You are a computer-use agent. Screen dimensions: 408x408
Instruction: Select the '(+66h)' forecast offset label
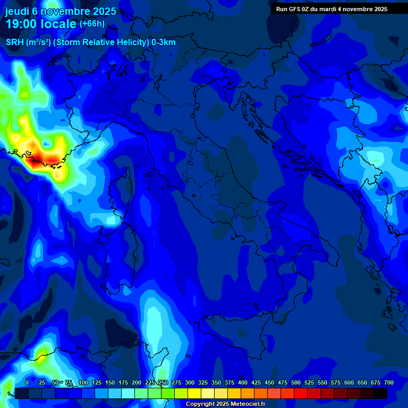tap(92, 24)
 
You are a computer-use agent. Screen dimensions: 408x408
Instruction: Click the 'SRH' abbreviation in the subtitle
tap(15, 42)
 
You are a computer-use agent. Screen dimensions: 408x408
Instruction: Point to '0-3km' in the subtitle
tap(164, 42)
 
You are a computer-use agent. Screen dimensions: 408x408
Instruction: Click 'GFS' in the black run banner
tap(295, 9)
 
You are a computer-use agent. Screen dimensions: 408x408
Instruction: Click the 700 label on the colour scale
tap(388, 382)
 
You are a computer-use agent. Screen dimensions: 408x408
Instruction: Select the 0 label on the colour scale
tap(27, 382)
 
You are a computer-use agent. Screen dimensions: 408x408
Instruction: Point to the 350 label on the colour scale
tap(216, 382)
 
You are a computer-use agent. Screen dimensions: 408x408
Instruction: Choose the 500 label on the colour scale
tap(296, 382)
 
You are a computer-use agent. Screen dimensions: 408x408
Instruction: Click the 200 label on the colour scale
tap(137, 382)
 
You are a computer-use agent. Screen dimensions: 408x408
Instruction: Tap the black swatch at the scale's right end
tap(380, 393)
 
